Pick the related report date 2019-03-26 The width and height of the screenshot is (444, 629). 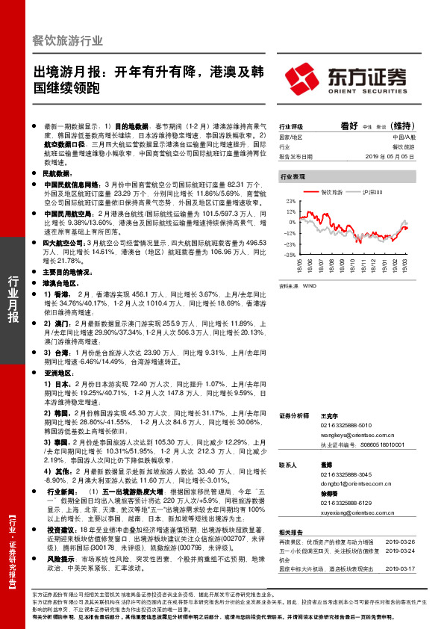coord(404,541)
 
